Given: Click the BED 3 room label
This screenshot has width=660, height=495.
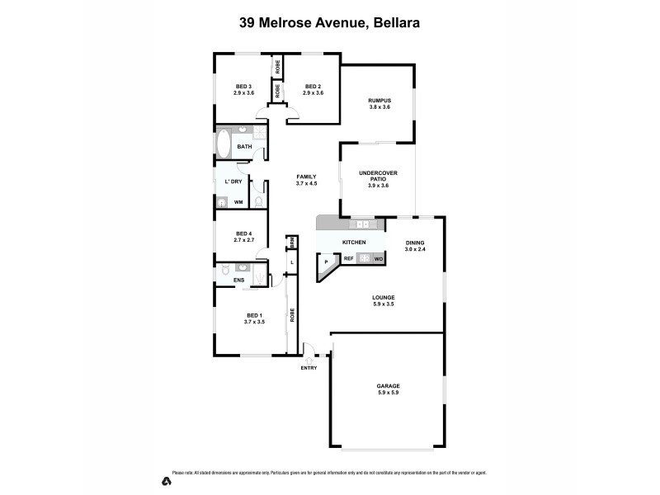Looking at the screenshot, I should click(243, 87).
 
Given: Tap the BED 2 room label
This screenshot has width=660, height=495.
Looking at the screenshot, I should click(313, 87).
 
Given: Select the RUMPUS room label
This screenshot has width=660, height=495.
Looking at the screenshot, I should click(379, 101).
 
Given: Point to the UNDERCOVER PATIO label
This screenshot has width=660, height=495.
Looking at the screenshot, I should click(378, 175).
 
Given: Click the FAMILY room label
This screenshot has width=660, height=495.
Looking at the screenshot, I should click(306, 177).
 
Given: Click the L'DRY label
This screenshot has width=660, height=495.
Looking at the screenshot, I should click(233, 181).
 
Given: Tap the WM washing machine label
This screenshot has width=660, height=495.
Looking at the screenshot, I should click(238, 202).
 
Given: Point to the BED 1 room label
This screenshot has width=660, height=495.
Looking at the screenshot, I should click(254, 315).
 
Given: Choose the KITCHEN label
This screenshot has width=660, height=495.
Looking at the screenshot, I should click(354, 242).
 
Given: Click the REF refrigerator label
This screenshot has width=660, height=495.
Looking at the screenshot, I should click(349, 259).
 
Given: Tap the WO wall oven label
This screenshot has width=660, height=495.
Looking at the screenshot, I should click(379, 259).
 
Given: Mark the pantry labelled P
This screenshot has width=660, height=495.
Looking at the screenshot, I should click(326, 263).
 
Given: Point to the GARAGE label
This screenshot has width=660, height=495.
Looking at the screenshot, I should click(388, 388).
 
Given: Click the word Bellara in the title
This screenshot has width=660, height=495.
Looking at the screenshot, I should click(397, 23).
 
